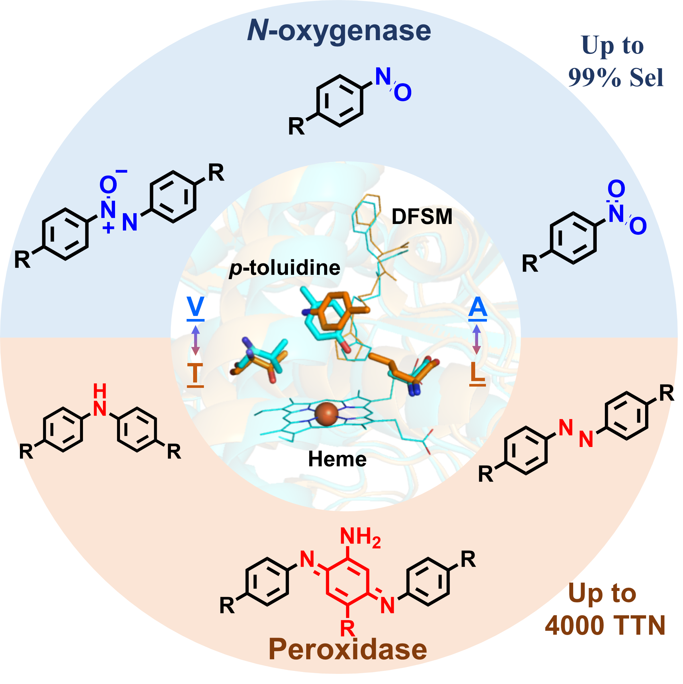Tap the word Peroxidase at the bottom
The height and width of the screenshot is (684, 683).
[348, 649]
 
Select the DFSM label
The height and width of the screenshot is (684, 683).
[422, 216]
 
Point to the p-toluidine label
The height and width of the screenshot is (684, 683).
[285, 268]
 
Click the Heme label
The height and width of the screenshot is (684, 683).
[337, 459]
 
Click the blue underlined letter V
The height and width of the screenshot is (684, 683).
[196, 307]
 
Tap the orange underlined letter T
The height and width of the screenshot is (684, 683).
[195, 373]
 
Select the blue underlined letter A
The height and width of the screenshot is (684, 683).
[477, 307]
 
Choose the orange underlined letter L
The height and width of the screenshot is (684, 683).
[477, 372]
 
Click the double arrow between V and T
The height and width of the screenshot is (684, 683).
[196, 340]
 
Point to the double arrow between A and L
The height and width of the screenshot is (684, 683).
[477, 340]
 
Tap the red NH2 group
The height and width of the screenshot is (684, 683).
[360, 537]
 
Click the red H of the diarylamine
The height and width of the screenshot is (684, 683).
[100, 391]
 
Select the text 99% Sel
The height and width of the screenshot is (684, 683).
[616, 78]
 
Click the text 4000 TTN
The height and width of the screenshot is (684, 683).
[605, 625]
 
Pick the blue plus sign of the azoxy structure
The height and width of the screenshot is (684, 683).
[108, 228]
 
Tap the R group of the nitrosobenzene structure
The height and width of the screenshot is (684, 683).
[296, 126]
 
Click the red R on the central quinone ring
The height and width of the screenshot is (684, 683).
[347, 628]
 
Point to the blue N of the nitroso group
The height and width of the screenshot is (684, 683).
[383, 76]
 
